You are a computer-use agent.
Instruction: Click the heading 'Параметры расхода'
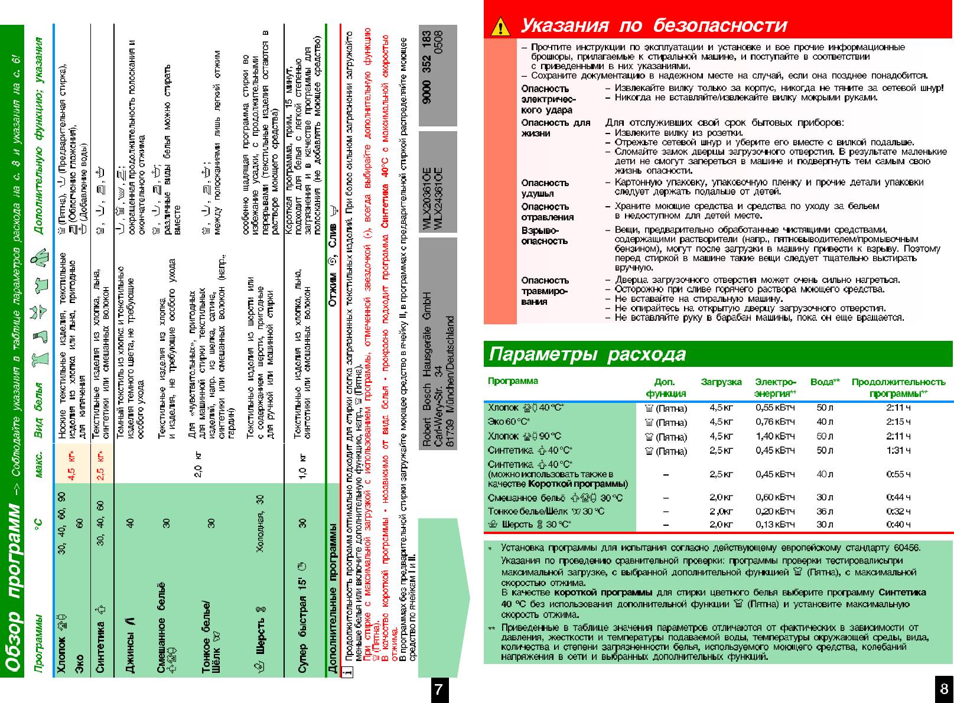[587, 354]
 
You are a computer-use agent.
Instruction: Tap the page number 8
[943, 689]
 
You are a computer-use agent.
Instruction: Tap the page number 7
[438, 689]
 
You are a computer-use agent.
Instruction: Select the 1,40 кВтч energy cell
[775, 437]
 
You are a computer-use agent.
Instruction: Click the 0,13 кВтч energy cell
[775, 525]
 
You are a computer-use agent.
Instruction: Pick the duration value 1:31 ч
[898, 451]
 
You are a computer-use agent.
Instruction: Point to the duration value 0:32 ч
[898, 512]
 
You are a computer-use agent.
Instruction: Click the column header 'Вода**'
[825, 382]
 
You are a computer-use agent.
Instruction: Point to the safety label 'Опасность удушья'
[545, 188]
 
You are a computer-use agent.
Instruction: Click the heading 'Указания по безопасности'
[653, 26]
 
